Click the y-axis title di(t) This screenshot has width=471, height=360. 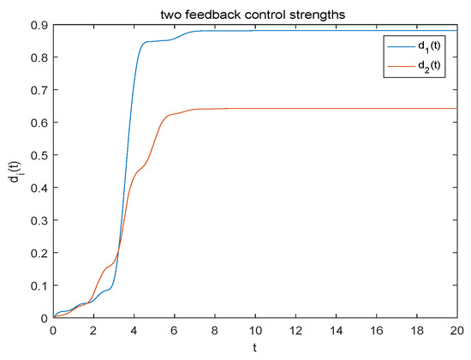[x=11, y=171]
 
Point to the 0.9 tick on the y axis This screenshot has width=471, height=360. [x=40, y=25]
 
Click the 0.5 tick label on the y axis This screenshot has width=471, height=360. [x=40, y=155]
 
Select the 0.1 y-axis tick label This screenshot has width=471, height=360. [x=40, y=285]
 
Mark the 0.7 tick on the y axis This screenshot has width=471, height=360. [x=40, y=90]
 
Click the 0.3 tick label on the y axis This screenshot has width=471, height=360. [x=40, y=220]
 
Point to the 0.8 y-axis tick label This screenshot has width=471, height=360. [x=40, y=57]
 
